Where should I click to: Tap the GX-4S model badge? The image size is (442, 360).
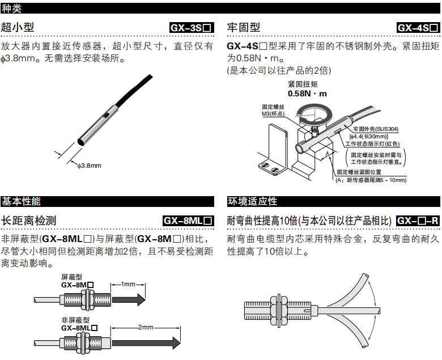point(418,27)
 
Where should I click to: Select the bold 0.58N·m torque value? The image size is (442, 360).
point(307,94)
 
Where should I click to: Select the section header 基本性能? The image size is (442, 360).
point(21,201)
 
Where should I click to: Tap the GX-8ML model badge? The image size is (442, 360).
point(188,221)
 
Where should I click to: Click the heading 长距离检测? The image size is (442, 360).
point(28,221)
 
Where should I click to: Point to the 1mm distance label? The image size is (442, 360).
point(128,283)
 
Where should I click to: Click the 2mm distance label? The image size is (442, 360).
point(145,327)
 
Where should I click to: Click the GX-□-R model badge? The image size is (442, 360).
point(418,221)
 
